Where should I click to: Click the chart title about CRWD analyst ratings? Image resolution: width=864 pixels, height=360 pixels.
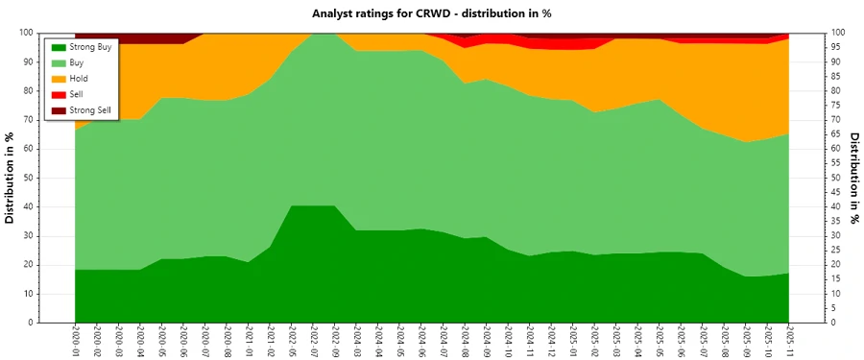pos(432,13)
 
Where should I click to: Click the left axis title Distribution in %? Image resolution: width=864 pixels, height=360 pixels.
pos(11,178)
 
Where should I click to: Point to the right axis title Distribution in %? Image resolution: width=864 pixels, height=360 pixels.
pos(853,178)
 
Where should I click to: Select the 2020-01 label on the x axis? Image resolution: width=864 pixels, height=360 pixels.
pos(76,342)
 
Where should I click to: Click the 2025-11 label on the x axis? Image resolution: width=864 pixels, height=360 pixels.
pos(787,342)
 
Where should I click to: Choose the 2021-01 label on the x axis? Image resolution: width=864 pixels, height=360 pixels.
pos(248,342)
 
